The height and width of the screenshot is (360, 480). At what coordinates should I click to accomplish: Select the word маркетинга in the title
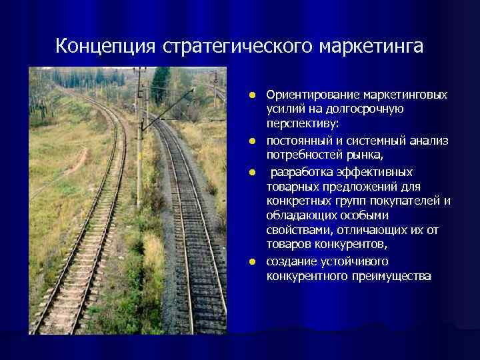372,47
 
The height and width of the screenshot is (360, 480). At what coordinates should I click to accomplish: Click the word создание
290,261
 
